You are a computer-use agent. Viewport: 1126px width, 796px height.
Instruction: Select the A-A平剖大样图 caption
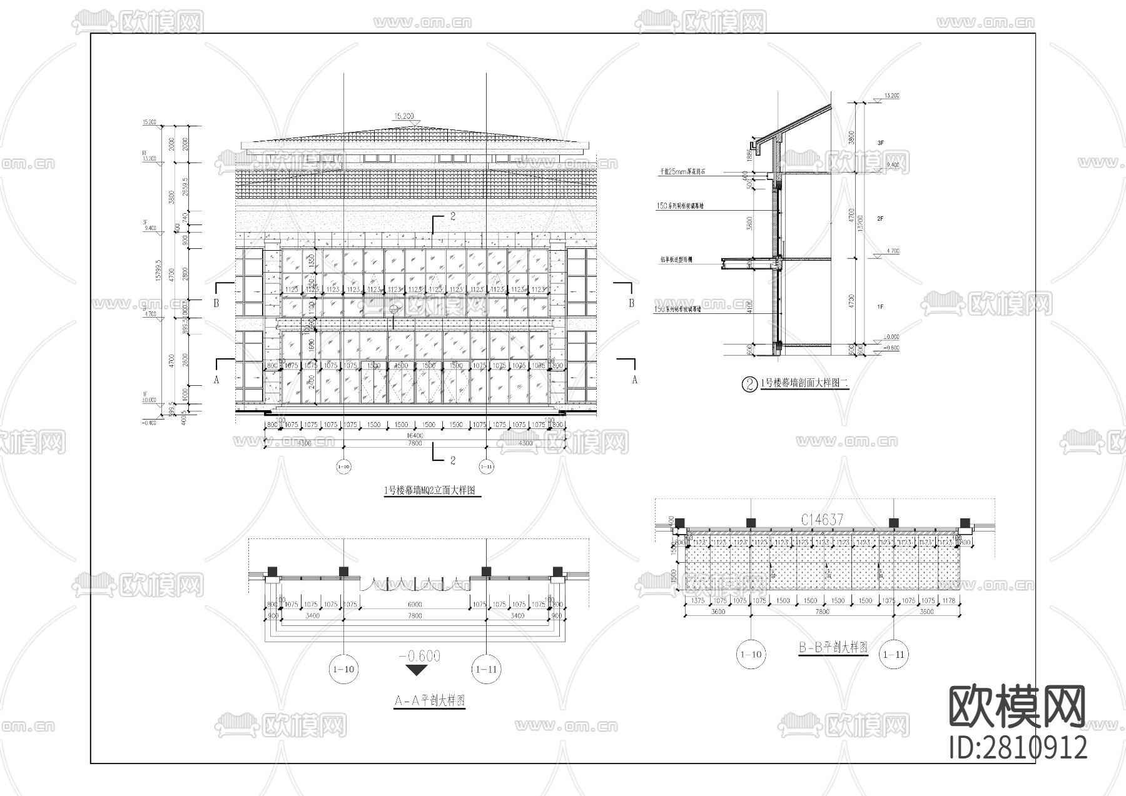pyautogui.click(x=429, y=701)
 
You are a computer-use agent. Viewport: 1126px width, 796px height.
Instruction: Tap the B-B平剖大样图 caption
pyautogui.click(x=833, y=648)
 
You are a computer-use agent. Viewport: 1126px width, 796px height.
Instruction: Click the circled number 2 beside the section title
pyautogui.click(x=749, y=384)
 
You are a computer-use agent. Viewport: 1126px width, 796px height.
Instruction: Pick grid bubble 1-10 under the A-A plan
pyautogui.click(x=343, y=669)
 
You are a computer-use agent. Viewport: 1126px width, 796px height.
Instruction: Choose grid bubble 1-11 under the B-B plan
pyautogui.click(x=893, y=655)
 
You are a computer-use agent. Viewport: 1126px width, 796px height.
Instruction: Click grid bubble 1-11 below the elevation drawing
pyautogui.click(x=486, y=466)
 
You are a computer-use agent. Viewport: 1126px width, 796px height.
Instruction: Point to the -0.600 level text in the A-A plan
pyautogui.click(x=419, y=656)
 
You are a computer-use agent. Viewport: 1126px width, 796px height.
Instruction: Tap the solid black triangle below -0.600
pyautogui.click(x=417, y=670)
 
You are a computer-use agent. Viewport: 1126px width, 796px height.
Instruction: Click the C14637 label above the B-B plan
pyautogui.click(x=822, y=520)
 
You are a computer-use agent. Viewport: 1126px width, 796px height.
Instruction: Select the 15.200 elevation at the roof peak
pyautogui.click(x=403, y=116)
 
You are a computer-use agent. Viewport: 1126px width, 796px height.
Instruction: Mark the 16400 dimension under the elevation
pyautogui.click(x=415, y=435)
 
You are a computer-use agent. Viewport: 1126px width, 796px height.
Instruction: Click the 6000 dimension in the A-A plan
pyautogui.click(x=415, y=605)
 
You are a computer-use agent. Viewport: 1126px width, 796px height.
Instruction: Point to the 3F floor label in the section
pyautogui.click(x=880, y=143)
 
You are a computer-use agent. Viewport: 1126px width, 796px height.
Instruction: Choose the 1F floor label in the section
pyautogui.click(x=880, y=307)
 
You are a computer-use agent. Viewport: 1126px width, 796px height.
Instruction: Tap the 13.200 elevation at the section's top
pyautogui.click(x=891, y=96)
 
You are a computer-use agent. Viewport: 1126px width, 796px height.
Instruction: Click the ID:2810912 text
pyautogui.click(x=1018, y=748)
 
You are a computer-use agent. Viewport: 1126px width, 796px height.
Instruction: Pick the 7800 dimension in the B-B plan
pyautogui.click(x=822, y=612)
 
